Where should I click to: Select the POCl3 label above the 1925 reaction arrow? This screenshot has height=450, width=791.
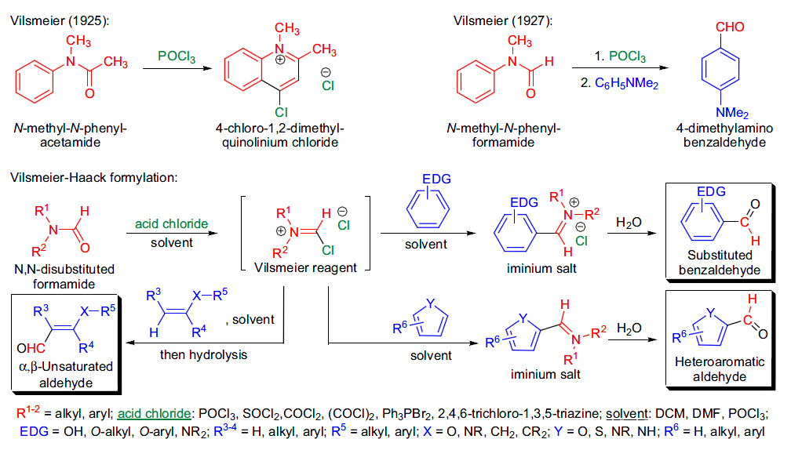pos(177,56)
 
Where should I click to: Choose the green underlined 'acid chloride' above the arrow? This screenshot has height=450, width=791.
pos(172,223)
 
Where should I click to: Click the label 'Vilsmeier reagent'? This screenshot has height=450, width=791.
pos(307,267)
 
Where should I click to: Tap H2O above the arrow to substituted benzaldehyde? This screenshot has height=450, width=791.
pos(629,223)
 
